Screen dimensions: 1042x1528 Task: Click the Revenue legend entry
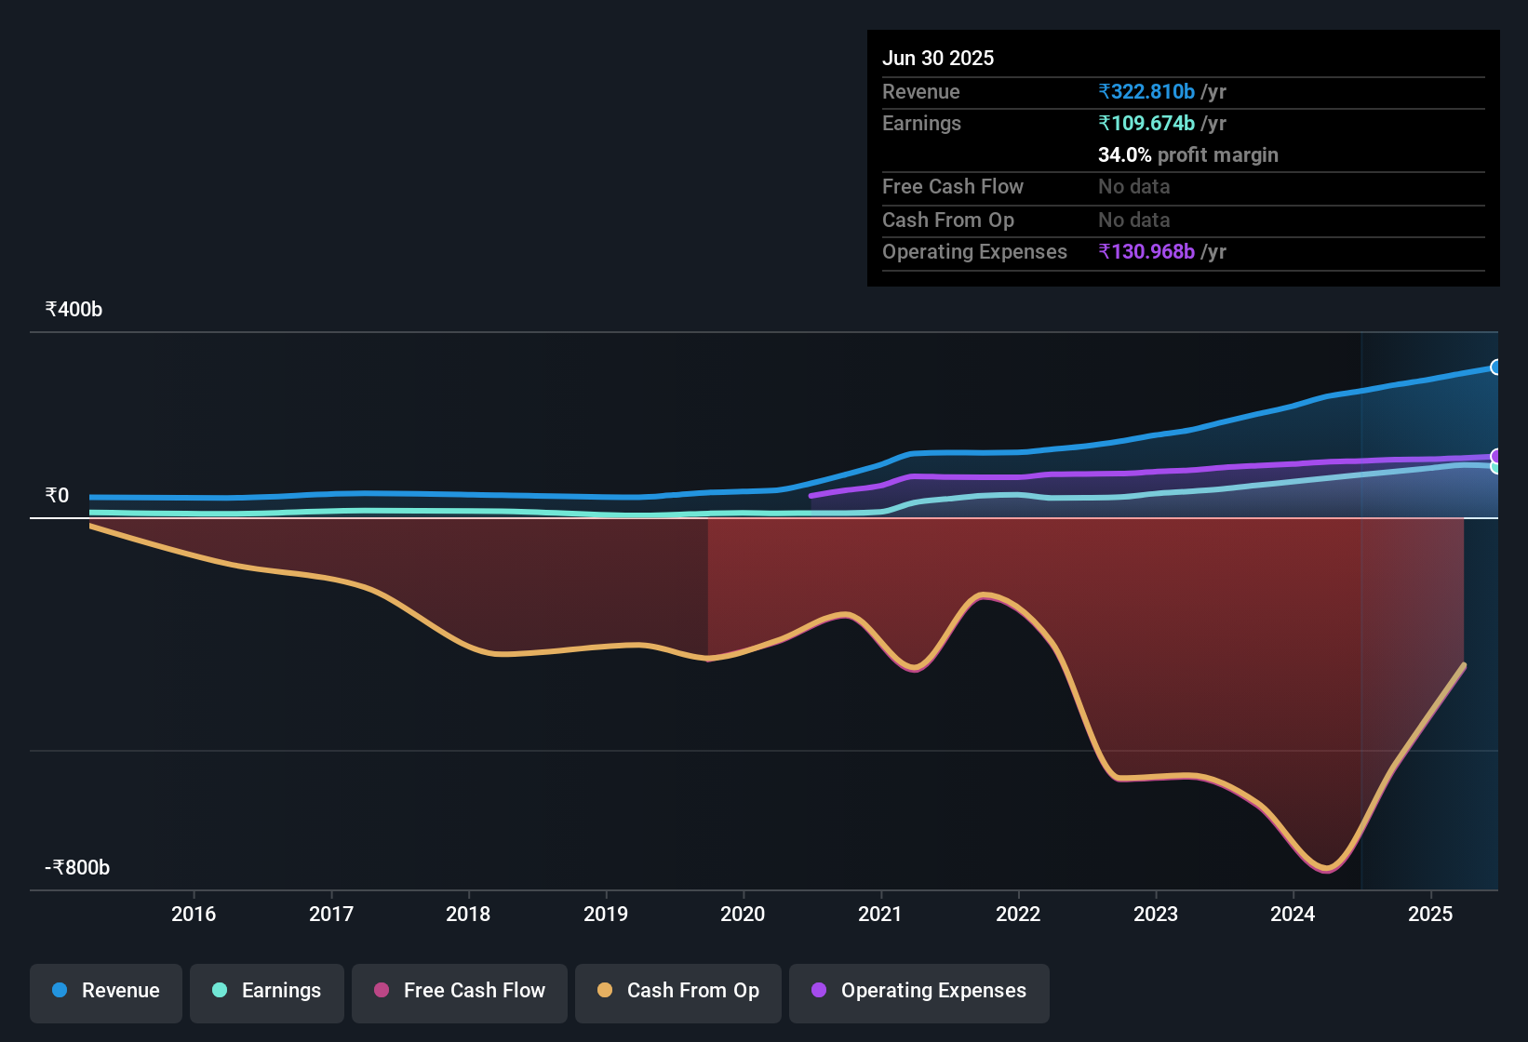pyautogui.click(x=106, y=991)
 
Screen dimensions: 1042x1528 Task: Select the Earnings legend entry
pyautogui.click(x=267, y=991)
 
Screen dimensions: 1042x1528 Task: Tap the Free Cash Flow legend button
pyautogui.click(x=460, y=991)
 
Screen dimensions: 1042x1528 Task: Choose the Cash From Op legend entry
pyautogui.click(x=678, y=991)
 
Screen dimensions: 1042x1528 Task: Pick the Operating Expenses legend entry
pyautogui.click(x=919, y=991)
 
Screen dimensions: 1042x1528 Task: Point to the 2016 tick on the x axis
pyautogui.click(x=194, y=914)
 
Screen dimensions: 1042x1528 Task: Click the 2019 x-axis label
pyautogui.click(x=606, y=914)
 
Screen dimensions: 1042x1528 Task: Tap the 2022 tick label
pyautogui.click(x=1018, y=914)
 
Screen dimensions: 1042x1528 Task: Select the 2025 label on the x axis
pyautogui.click(x=1430, y=914)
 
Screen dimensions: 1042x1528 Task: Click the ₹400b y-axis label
pyautogui.click(x=74, y=310)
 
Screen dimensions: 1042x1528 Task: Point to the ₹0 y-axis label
pyautogui.click(x=58, y=496)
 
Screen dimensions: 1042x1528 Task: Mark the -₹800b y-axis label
pyautogui.click(x=78, y=868)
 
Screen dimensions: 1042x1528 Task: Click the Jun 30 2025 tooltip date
pyautogui.click(x=938, y=59)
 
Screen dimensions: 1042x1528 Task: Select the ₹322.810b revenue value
pyautogui.click(x=1146, y=92)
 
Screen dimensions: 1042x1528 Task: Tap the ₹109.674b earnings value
pyautogui.click(x=1146, y=124)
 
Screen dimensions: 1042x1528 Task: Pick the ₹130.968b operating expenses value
pyautogui.click(x=1146, y=252)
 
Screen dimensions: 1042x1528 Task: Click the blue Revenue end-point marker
pyautogui.click(x=1495, y=367)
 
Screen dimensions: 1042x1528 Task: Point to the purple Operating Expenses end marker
pyautogui.click(x=1495, y=456)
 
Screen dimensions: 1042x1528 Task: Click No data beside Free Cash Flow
pyautogui.click(x=1133, y=187)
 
